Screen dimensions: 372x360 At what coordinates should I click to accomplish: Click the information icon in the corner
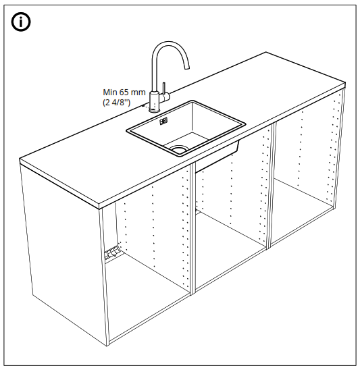pos(22,22)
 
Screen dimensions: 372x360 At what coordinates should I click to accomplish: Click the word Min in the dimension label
pos(110,92)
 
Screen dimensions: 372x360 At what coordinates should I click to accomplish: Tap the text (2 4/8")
pos(117,103)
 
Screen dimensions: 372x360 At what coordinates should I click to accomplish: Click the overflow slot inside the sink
pos(163,122)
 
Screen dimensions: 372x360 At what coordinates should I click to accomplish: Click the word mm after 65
pos(138,92)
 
